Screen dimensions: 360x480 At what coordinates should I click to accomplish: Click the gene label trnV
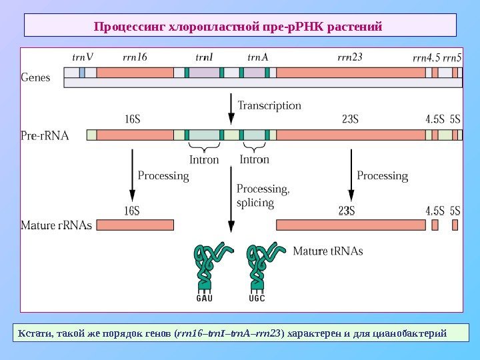point(82,57)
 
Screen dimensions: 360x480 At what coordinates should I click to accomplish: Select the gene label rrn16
point(135,57)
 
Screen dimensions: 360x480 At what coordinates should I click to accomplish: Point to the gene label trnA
point(257,57)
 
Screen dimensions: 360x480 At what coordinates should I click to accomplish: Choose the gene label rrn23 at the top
point(350,57)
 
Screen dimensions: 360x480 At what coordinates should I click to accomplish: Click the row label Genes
point(36,77)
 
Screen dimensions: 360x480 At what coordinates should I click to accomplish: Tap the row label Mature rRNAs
point(57,225)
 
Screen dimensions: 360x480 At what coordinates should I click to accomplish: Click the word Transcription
point(269,105)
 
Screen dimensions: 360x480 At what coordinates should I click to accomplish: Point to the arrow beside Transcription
point(231,109)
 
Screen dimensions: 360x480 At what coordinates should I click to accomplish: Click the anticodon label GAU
point(204,298)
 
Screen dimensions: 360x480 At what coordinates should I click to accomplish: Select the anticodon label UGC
point(257,298)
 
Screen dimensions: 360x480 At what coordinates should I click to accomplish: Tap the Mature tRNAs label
point(328,251)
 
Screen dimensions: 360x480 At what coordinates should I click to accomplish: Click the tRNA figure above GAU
point(207,267)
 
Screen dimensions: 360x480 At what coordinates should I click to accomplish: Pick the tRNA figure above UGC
point(259,267)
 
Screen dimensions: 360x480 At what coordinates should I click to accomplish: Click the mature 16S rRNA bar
point(135,225)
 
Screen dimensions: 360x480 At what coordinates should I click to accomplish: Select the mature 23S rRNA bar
point(351,225)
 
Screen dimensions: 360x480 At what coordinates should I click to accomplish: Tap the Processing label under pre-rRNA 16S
point(163,176)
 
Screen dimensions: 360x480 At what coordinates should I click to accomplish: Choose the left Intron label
point(204,160)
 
